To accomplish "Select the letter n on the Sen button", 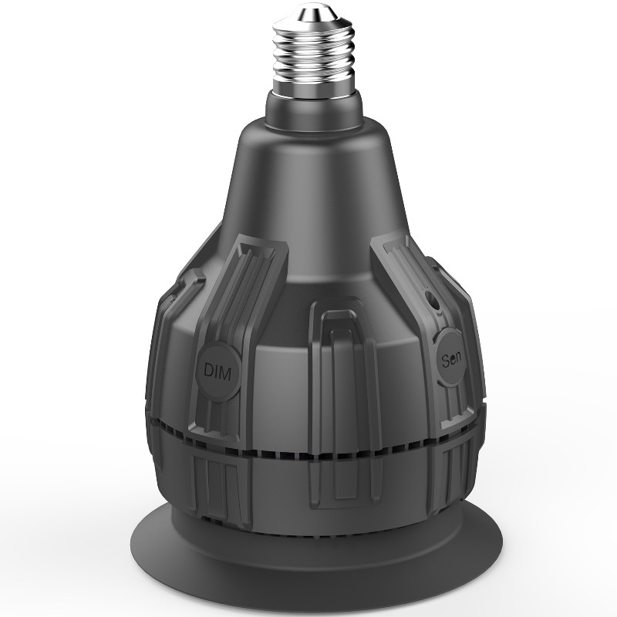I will [460, 357].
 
